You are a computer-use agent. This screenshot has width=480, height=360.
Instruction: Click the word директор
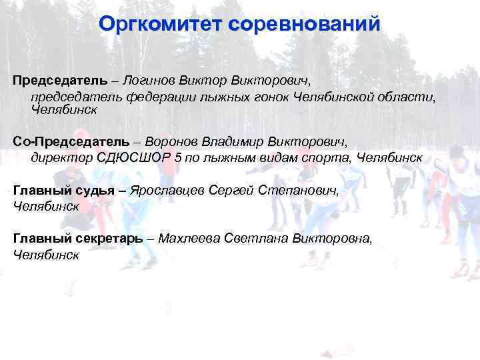58,159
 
